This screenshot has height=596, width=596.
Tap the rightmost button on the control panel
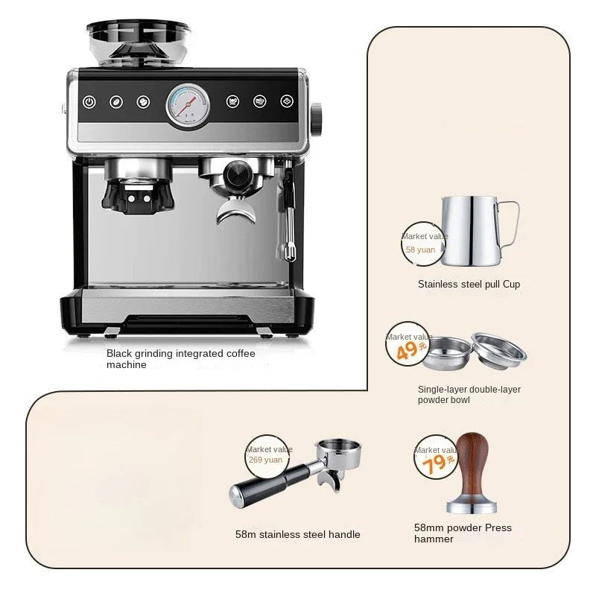coord(287,101)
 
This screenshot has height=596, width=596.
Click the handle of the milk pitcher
coord(510,223)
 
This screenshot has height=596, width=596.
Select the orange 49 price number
coord(408,350)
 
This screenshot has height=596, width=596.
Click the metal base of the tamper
coord(472,507)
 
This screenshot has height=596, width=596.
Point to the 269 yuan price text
coord(266,460)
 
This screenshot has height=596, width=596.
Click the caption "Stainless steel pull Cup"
coord(469,284)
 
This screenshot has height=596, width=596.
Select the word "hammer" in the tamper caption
coord(434,539)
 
